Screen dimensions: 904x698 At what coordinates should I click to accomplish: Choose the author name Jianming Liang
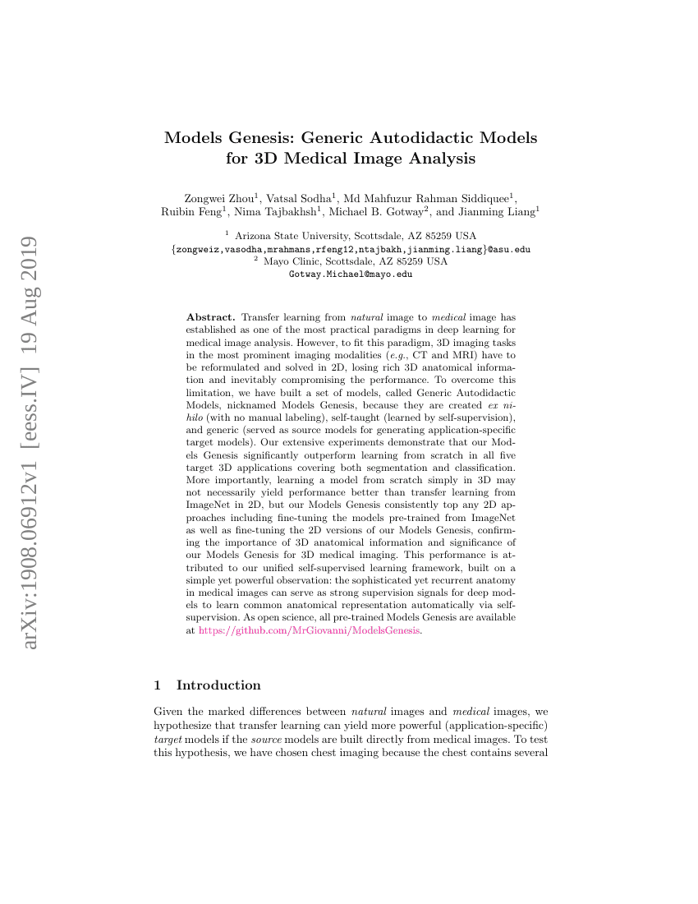496,212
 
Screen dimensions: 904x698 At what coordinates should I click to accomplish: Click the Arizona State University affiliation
355,235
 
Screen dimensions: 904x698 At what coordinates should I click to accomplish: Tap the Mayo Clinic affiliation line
355,261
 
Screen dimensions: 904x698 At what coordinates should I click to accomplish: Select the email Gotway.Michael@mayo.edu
351,274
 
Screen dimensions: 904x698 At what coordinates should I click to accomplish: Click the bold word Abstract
211,316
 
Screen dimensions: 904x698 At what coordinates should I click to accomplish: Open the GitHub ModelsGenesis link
310,630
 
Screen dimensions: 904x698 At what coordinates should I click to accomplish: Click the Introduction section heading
218,685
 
